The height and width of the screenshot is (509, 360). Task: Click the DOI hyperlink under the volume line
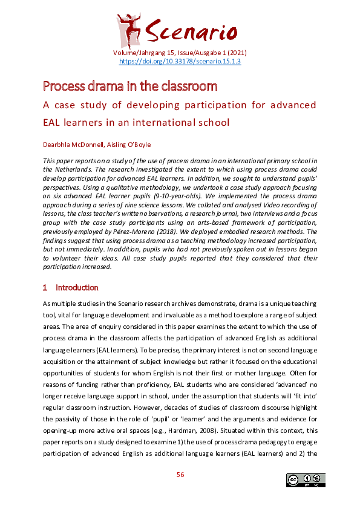180,61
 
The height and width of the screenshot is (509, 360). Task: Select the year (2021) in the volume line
236,53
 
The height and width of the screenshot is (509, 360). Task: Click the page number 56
180,475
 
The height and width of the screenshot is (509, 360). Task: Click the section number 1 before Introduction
45,288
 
